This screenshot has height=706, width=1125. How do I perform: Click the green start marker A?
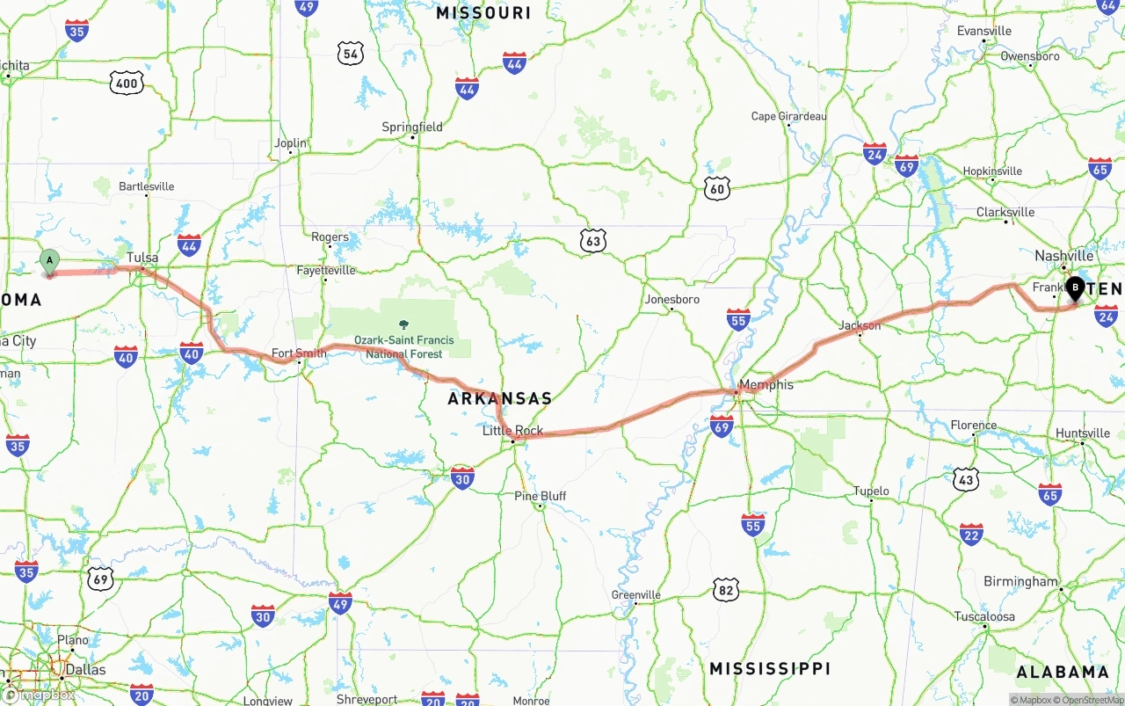click(50, 260)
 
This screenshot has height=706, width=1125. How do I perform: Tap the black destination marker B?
click(1075, 287)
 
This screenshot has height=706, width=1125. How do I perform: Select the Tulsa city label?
click(142, 258)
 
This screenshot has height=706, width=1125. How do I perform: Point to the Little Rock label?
click(512, 431)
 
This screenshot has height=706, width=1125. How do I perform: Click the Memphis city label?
click(766, 384)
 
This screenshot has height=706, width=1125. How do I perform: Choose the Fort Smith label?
click(299, 353)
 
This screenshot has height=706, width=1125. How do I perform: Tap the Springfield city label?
click(412, 127)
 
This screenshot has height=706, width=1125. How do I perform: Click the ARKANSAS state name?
click(500, 398)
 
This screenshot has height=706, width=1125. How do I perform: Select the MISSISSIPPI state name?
click(769, 668)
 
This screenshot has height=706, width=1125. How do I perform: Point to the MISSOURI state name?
click(483, 12)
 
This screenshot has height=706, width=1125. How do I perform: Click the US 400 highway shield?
click(127, 84)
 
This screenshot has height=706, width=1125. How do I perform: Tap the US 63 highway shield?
click(593, 240)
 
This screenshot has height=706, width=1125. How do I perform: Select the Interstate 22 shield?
click(971, 534)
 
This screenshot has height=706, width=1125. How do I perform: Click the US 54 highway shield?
click(351, 54)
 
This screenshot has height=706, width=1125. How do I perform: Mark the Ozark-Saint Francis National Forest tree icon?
click(403, 325)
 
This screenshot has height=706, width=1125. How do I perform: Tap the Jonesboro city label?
click(672, 300)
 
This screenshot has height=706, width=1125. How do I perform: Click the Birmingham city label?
click(1020, 581)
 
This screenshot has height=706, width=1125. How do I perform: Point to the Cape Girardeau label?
click(788, 116)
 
